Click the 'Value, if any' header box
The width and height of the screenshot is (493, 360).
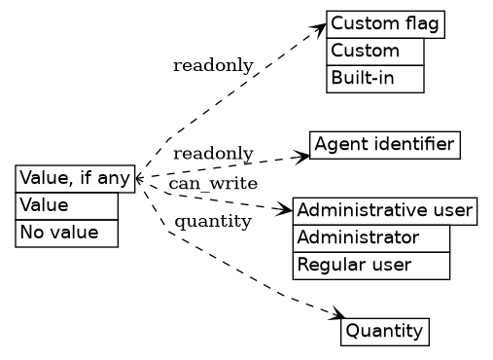pos(75,178)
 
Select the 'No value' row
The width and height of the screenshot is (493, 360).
pos(66,234)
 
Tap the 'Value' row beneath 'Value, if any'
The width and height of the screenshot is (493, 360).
pos(66,205)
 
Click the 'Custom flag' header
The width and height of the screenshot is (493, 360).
pos(385,24)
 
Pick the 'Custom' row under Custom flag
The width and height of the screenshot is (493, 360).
pos(375,51)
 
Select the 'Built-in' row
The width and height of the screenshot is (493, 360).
pos(375,78)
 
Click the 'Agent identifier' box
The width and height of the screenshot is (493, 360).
pos(384,145)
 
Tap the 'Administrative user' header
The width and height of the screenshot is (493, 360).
pos(384,211)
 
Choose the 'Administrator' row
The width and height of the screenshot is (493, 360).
pos(370,237)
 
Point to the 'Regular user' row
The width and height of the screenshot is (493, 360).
pos(370,265)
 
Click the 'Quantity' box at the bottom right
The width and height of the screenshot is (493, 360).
pos(384,332)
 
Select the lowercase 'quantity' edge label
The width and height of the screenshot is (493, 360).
pos(213,222)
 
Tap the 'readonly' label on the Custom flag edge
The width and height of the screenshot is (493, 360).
pos(213,65)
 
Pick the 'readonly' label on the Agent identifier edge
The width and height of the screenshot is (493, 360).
pos(213,154)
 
